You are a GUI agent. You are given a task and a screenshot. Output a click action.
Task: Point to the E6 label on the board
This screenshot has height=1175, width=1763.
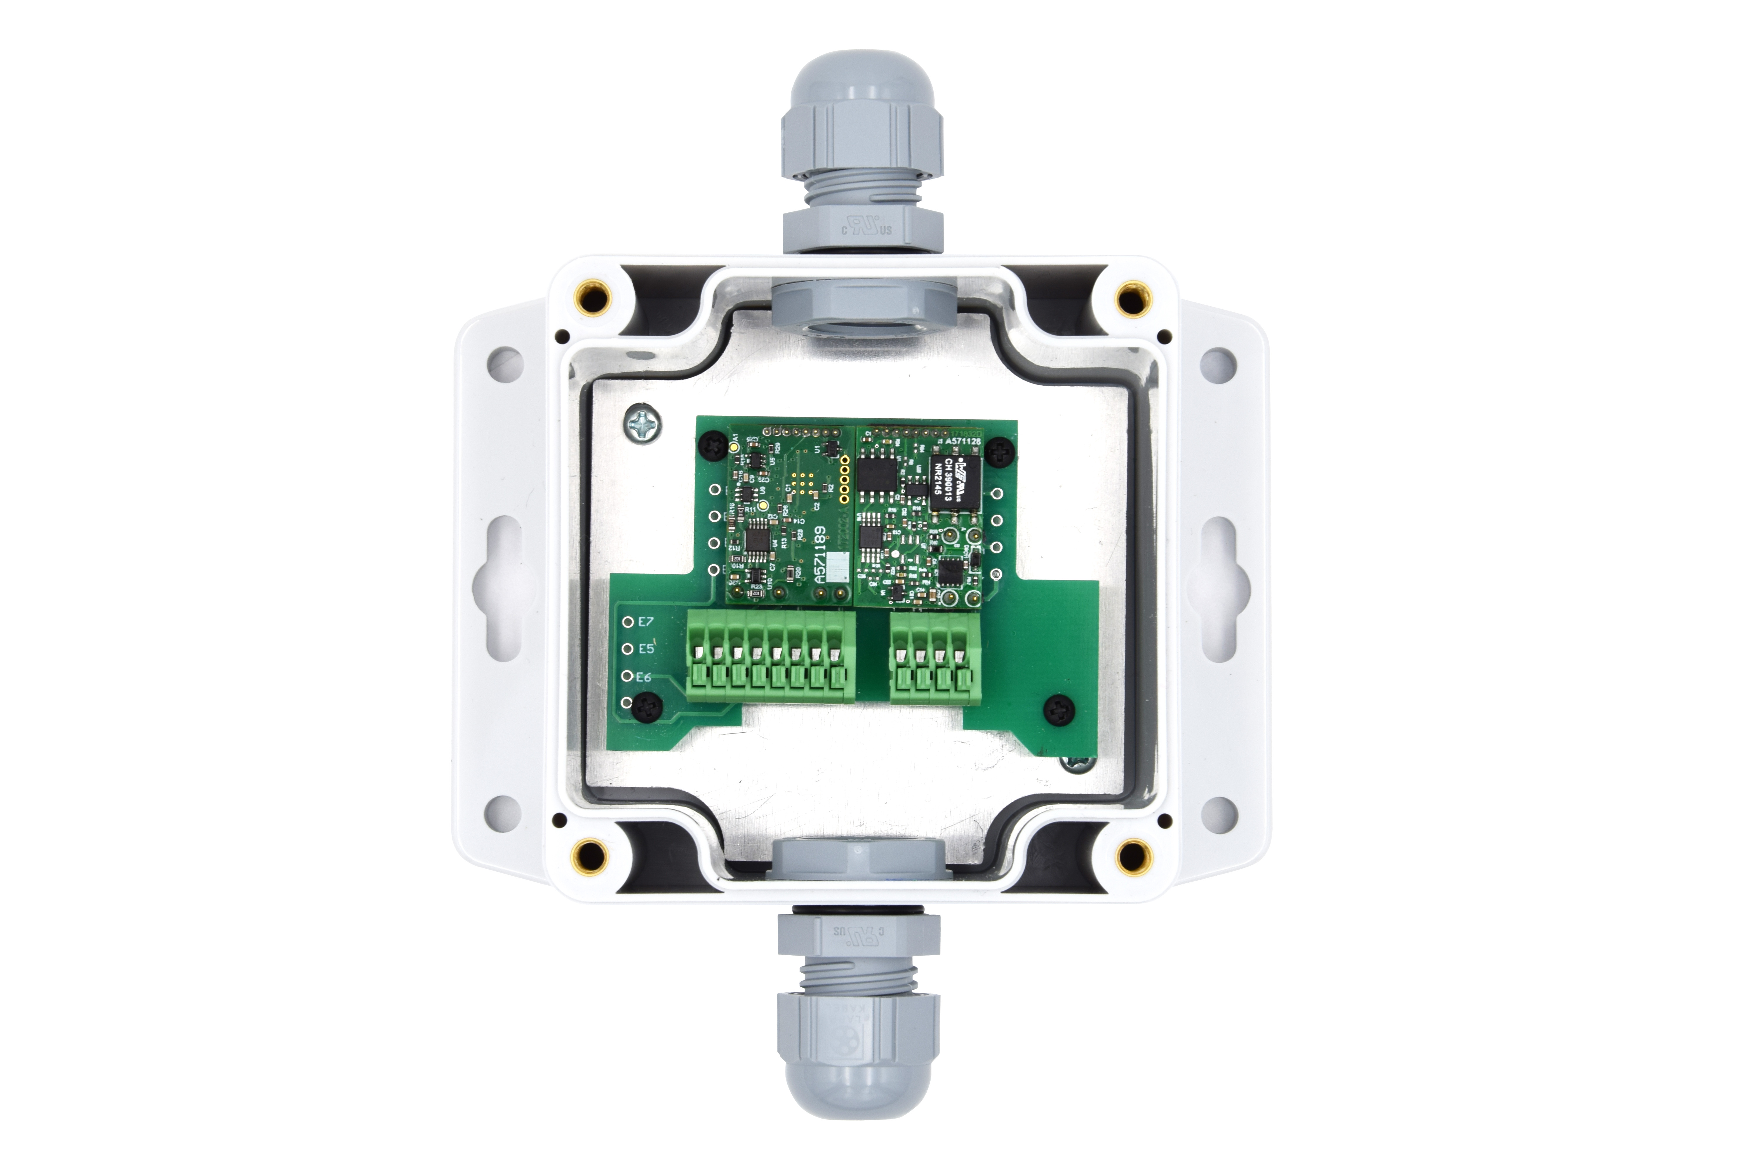pos(643,677)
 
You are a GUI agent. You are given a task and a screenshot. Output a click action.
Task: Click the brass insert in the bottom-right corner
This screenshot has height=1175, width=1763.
pos(1133,854)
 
